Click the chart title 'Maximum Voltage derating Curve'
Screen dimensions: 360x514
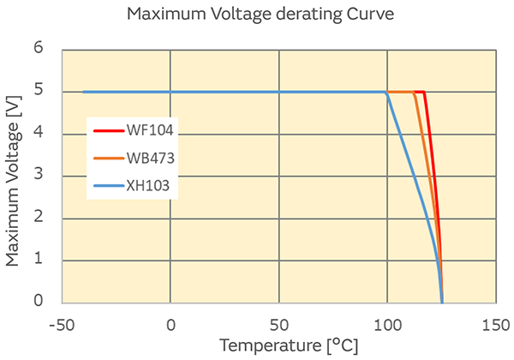256,15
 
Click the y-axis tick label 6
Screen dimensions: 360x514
38,49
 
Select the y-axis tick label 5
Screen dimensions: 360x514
38,92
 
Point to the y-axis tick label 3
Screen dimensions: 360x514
38,176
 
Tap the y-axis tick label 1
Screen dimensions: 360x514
38,261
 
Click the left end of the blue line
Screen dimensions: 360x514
83,92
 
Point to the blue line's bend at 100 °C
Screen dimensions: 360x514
387,93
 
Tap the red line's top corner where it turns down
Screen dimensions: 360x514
424,92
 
